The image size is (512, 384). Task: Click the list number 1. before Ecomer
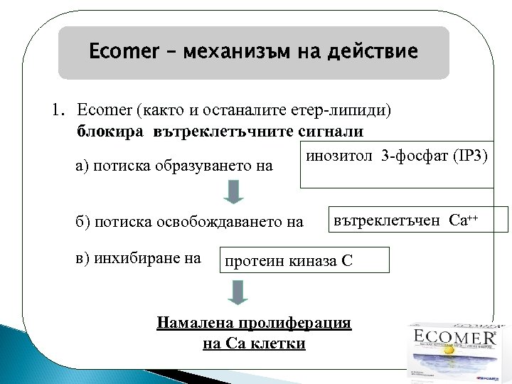tap(58, 110)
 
